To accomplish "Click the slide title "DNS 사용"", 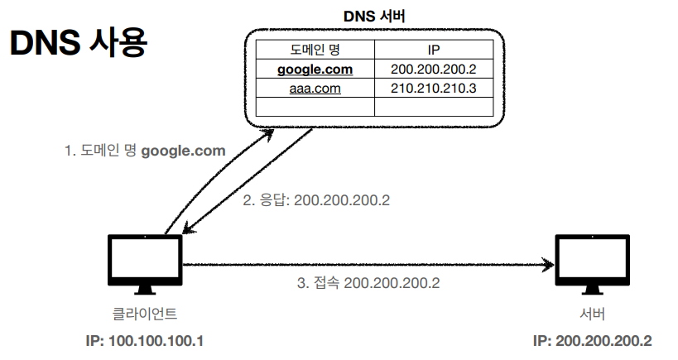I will point(78,46).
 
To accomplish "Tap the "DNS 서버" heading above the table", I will point(374,16).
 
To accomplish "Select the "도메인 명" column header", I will point(315,50).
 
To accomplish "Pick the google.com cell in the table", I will point(315,69).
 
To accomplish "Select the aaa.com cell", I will point(315,88).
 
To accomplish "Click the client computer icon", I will point(145,264).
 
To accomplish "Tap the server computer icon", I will point(591,264).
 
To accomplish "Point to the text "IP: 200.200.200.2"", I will point(592,341).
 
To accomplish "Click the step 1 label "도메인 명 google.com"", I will point(145,151).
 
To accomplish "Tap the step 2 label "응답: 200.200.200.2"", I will point(315,201).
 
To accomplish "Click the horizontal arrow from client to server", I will point(364,265).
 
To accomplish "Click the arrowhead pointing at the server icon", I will point(548,265).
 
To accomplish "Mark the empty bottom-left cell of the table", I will point(315,107).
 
